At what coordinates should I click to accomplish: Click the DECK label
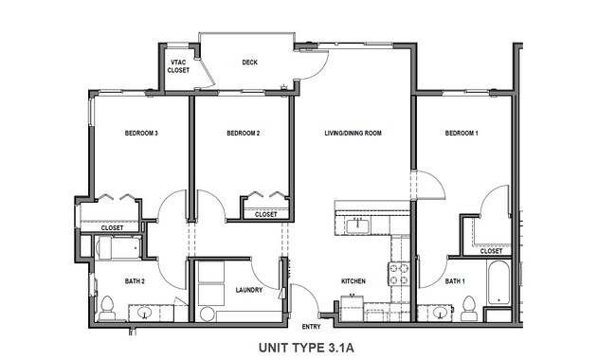tap(249, 63)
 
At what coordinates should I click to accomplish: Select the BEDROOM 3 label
tap(140, 134)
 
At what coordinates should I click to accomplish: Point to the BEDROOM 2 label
tap(243, 134)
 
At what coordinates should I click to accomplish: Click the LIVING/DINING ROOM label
tap(353, 134)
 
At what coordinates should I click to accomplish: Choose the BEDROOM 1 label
tap(462, 134)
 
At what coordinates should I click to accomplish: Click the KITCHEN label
tap(353, 281)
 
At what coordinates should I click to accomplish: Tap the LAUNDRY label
tap(248, 290)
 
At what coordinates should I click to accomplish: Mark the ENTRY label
tap(311, 326)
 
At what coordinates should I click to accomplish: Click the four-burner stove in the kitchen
tap(399, 274)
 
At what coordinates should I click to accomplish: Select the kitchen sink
tap(358, 225)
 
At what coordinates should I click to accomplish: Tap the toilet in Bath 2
tap(107, 307)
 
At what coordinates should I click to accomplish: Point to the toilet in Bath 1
tap(468, 307)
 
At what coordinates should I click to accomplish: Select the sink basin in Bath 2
tap(145, 312)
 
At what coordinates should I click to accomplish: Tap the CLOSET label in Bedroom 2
tap(266, 214)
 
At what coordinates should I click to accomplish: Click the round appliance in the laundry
tap(208, 314)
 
